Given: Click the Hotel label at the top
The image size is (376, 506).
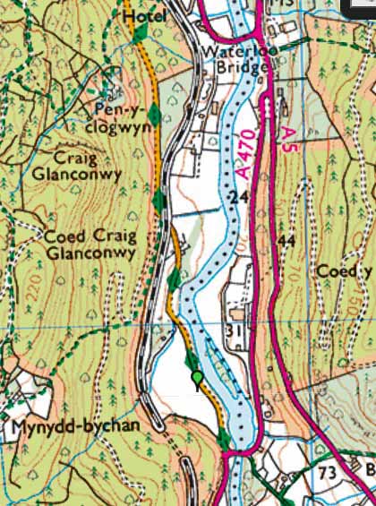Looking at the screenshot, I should [x=140, y=16].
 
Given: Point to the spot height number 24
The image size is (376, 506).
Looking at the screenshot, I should [x=236, y=196].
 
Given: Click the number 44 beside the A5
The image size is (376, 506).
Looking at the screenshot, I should [x=286, y=242].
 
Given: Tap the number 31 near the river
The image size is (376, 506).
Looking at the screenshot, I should [x=235, y=331].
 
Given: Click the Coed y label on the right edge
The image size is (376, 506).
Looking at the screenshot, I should [x=345, y=271].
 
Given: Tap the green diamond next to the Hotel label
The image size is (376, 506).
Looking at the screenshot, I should [x=140, y=31].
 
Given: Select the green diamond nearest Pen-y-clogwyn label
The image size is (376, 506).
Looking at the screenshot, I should [x=155, y=114].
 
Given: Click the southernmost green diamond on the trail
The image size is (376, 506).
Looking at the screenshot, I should [x=222, y=439].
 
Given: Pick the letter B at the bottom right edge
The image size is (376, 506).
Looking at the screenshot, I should [x=370, y=471].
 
